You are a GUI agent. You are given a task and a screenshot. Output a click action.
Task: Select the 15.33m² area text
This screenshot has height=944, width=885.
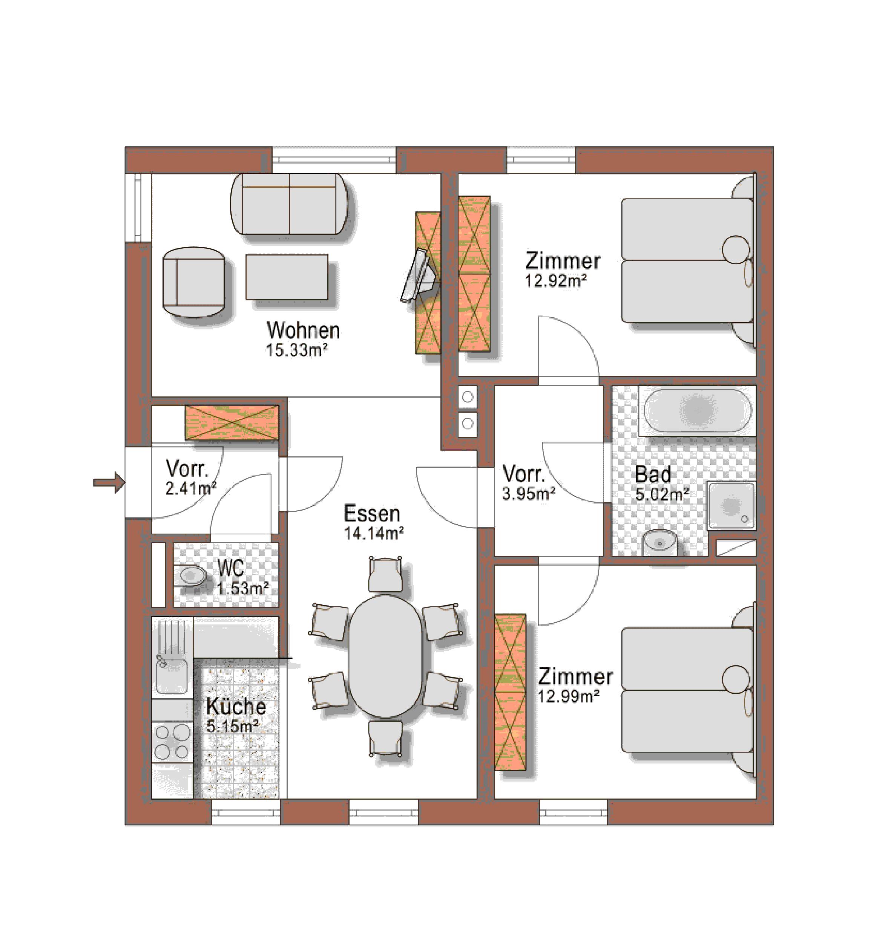pyautogui.click(x=297, y=350)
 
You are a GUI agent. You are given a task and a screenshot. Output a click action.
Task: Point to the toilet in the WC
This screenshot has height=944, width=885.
pyautogui.click(x=192, y=577)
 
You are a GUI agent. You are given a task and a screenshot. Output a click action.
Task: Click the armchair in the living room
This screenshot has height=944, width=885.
pyautogui.click(x=193, y=282)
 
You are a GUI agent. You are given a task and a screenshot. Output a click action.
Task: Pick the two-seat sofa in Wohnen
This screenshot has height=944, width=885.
pyautogui.click(x=289, y=204)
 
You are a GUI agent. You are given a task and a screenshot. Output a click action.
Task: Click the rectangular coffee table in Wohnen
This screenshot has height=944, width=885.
pyautogui.click(x=287, y=277)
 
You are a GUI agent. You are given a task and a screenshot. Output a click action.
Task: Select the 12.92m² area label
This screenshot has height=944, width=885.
pyautogui.click(x=555, y=281)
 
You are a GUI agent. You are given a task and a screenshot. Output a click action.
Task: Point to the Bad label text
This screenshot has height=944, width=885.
pyautogui.click(x=653, y=474)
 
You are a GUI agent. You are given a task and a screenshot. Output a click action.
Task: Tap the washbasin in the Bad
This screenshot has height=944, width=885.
pyautogui.click(x=660, y=542)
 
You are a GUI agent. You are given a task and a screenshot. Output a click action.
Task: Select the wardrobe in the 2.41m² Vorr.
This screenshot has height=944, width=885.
pyautogui.click(x=232, y=422)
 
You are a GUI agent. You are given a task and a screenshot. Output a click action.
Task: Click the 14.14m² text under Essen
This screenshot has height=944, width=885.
pyautogui.click(x=374, y=533)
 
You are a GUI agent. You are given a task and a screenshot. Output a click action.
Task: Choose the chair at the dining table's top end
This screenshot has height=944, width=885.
pyautogui.click(x=385, y=575)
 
